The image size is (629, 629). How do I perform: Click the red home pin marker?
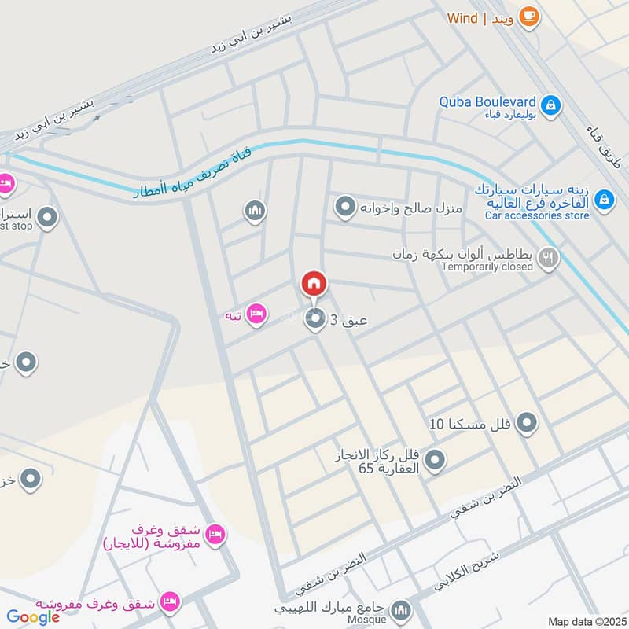[x=314, y=284]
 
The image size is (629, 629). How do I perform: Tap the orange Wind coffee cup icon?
[x=529, y=17]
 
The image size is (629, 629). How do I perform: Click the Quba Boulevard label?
[x=487, y=102]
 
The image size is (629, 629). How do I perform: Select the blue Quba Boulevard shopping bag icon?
[x=551, y=105]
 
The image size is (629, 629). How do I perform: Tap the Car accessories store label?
[x=537, y=215]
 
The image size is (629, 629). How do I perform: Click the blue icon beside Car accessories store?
[x=604, y=200]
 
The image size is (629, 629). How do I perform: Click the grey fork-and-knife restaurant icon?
[x=549, y=257]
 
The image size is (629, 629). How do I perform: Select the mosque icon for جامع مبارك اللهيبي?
[x=401, y=610]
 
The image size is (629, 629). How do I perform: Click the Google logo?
[x=33, y=617]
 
